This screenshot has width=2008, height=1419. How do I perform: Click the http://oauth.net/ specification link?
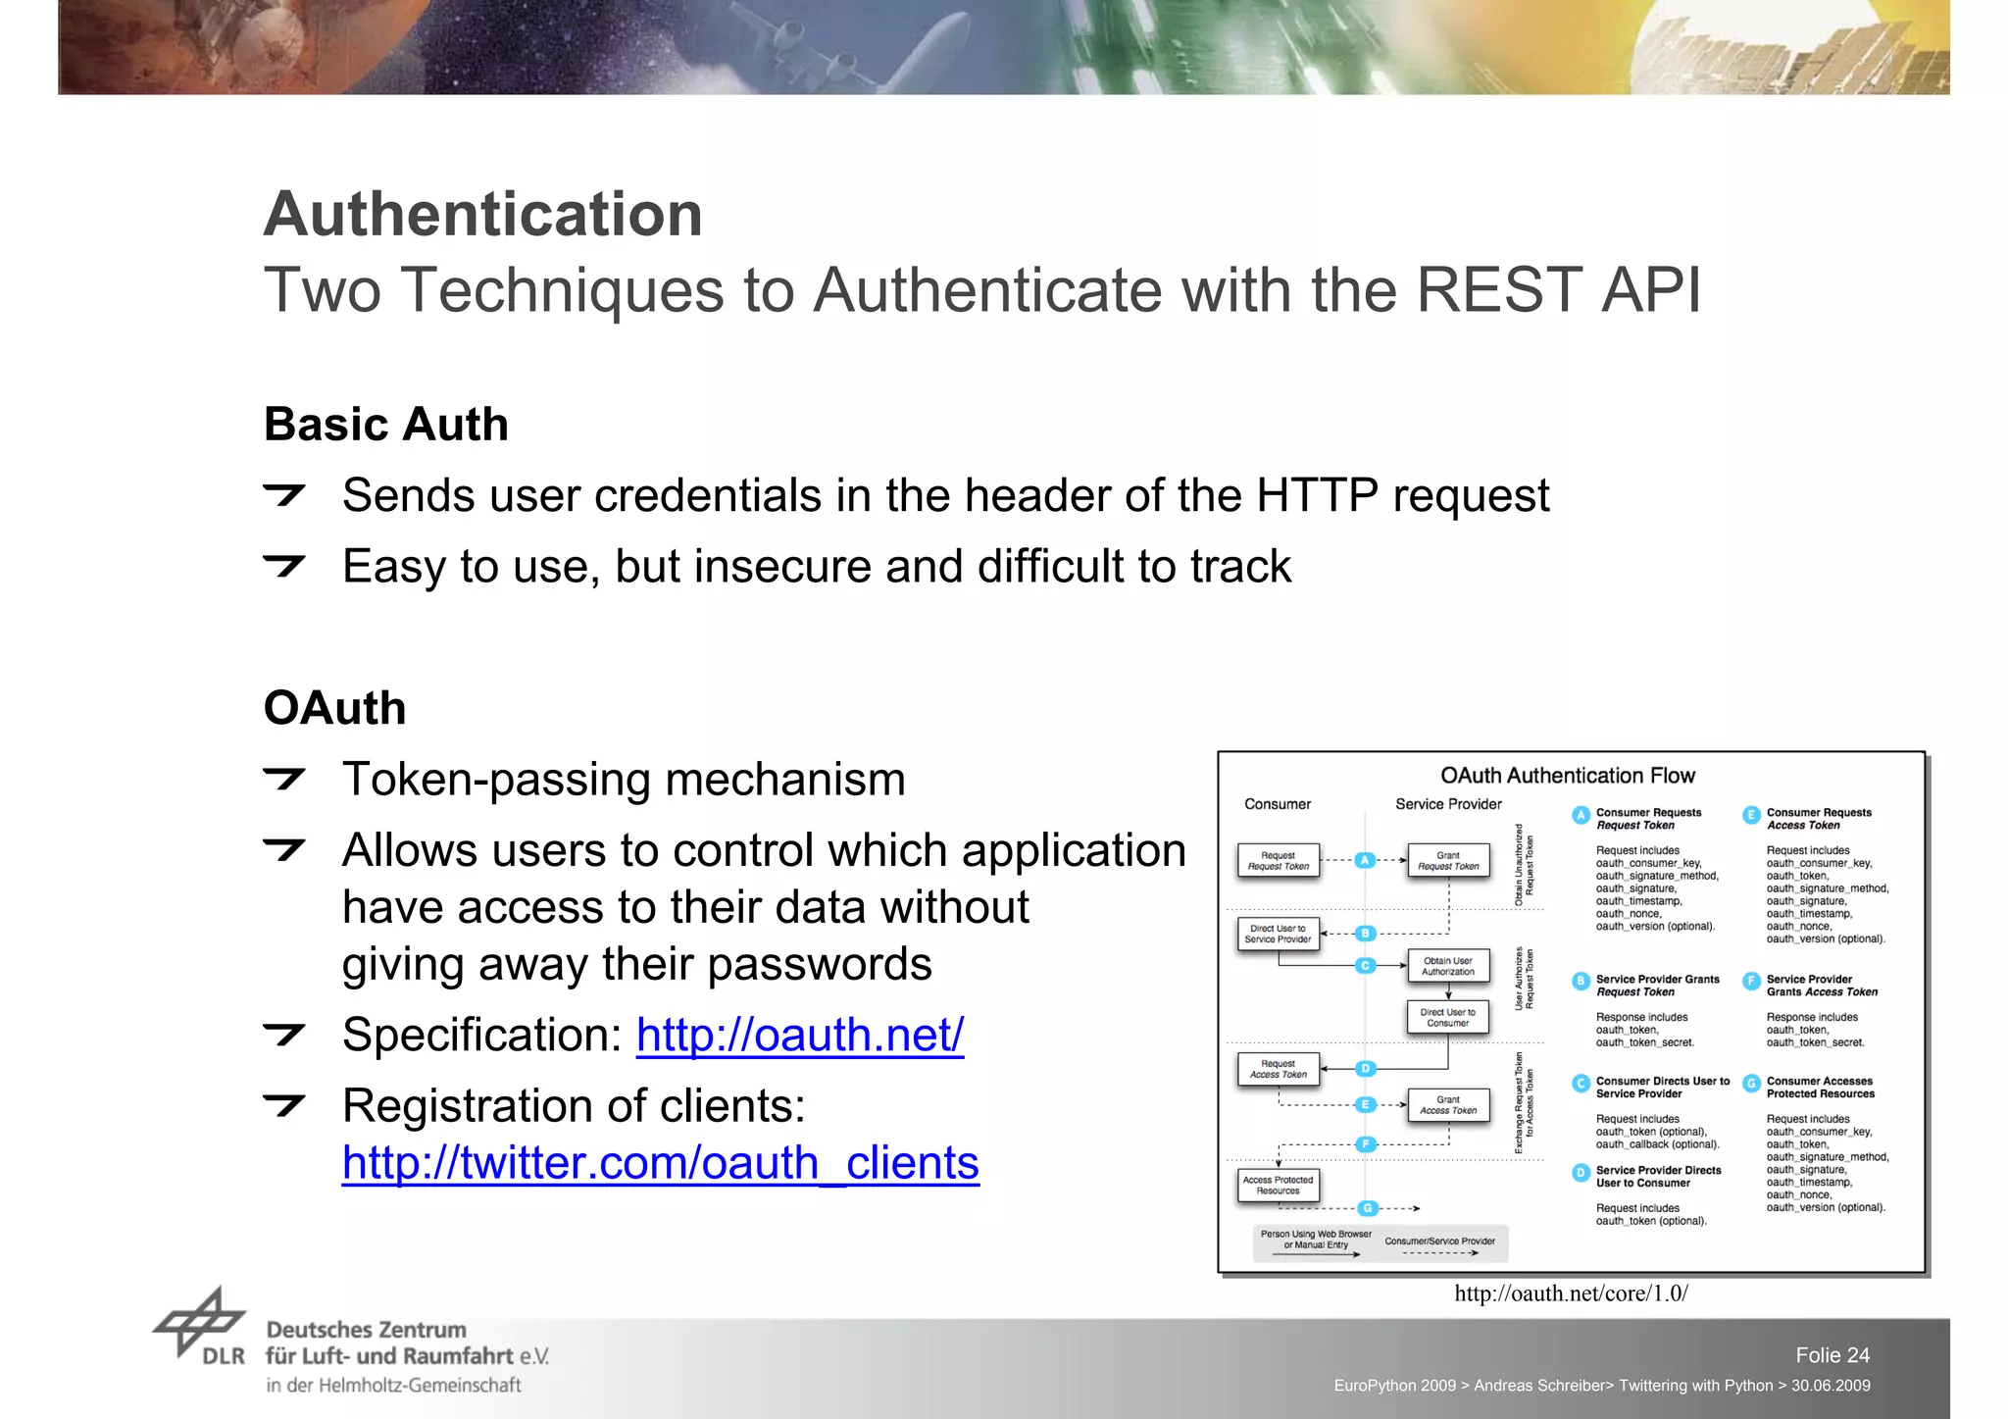(x=799, y=1035)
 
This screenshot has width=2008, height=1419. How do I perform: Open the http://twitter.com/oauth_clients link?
(x=660, y=1163)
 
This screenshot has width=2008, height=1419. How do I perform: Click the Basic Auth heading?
(x=386, y=425)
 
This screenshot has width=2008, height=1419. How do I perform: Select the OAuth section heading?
(x=334, y=708)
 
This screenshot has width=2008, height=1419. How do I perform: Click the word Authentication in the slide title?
(x=483, y=214)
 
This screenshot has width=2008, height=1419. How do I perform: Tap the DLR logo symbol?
(x=199, y=1324)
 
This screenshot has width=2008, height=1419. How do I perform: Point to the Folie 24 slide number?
(x=1832, y=1355)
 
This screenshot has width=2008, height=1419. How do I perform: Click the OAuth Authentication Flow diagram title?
(x=1567, y=776)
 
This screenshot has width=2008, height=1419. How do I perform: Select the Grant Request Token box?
(x=1448, y=861)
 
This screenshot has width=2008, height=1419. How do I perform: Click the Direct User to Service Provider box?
(x=1278, y=934)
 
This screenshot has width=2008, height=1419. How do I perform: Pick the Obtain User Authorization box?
(x=1448, y=966)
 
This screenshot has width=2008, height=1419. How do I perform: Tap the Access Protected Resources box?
(x=1278, y=1185)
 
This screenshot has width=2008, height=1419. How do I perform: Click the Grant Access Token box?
(x=1448, y=1105)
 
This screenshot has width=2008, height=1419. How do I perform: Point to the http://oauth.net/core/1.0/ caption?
(x=1571, y=1293)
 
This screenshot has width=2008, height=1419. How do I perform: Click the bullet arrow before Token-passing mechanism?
(x=284, y=780)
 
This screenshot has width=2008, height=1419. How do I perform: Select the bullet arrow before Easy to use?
(x=284, y=566)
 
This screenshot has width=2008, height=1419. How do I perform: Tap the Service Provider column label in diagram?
(x=1448, y=804)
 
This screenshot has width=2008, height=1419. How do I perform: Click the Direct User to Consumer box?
(x=1448, y=1017)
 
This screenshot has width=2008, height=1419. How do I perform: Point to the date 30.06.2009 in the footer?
(x=1831, y=1386)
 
